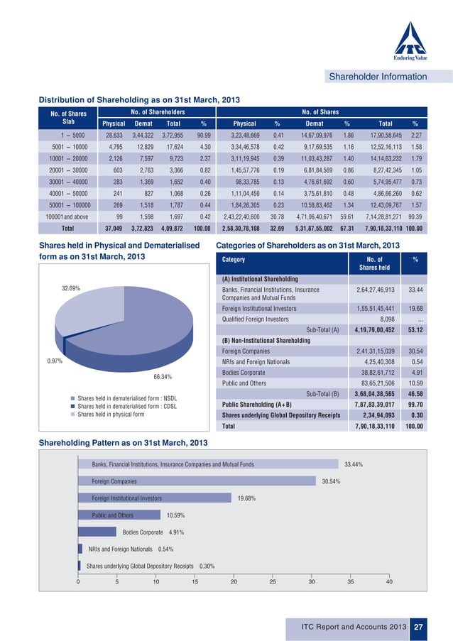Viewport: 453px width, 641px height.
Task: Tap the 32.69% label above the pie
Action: pos(70,289)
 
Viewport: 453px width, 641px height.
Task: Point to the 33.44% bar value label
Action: pos(354,464)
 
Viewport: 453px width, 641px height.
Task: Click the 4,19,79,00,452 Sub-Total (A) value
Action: pos(374,329)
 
